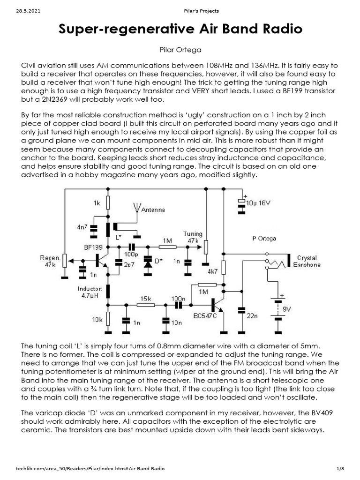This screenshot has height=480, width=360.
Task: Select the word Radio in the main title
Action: (x=280, y=30)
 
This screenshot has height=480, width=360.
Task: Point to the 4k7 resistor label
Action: (x=212, y=271)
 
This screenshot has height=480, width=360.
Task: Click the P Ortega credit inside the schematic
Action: (x=264, y=238)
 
